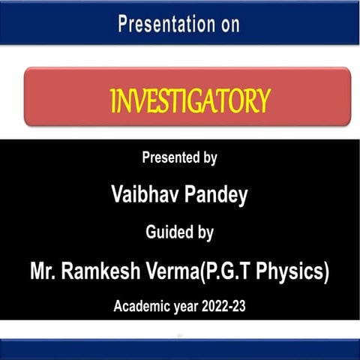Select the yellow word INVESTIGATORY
click(189, 100)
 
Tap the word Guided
click(169, 233)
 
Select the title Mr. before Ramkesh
click(44, 271)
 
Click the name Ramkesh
click(100, 271)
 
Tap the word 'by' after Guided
click(205, 233)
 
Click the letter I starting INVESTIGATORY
click(112, 100)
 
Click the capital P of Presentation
click(123, 24)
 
